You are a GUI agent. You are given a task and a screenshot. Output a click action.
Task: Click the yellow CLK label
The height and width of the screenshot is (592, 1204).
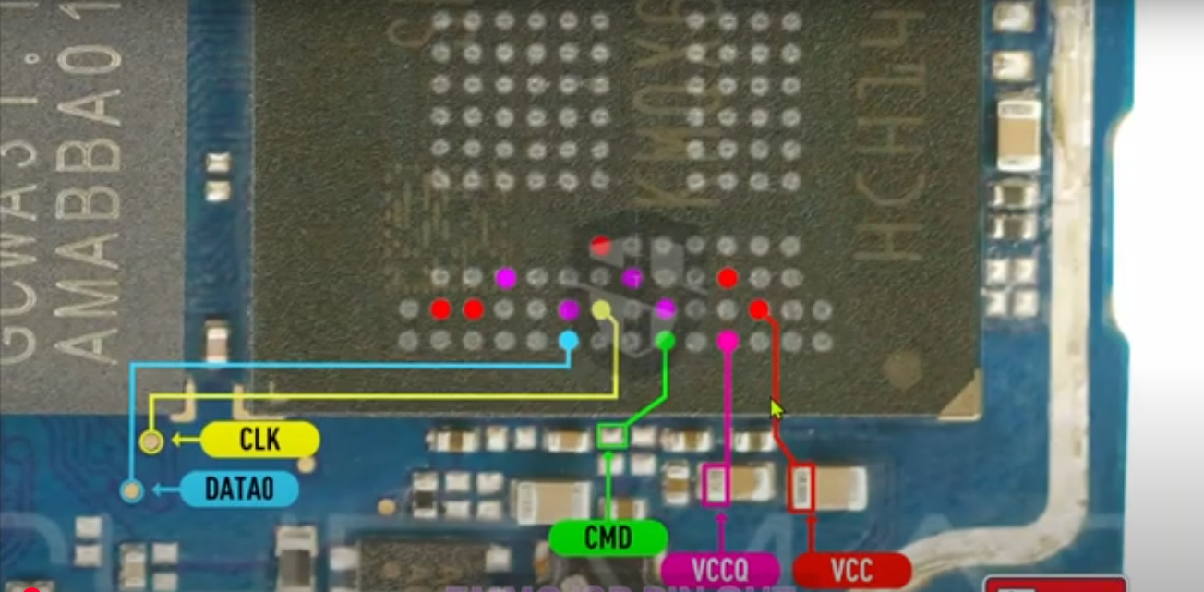pyautogui.click(x=259, y=440)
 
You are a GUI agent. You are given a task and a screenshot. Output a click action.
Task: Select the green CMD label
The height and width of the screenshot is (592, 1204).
pyautogui.click(x=608, y=538)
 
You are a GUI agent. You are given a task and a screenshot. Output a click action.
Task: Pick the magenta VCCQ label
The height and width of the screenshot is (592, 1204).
pyautogui.click(x=720, y=568)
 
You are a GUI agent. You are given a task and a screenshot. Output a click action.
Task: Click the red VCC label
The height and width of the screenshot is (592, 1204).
pyautogui.click(x=851, y=570)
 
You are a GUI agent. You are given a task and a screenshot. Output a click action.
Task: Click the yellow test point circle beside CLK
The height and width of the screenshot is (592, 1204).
pyautogui.click(x=151, y=442)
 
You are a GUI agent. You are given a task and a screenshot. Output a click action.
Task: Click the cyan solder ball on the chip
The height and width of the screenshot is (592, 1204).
pyautogui.click(x=569, y=341)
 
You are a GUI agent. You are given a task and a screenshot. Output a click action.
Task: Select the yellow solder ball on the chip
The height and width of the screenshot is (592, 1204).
pyautogui.click(x=601, y=309)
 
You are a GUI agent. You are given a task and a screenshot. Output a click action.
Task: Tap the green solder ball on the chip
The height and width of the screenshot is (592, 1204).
pyautogui.click(x=665, y=341)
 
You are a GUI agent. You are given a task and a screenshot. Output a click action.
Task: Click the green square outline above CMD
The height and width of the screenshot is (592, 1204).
pyautogui.click(x=611, y=435)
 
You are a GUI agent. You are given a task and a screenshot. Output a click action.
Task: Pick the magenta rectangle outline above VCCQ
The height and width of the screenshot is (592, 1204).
pyautogui.click(x=716, y=486)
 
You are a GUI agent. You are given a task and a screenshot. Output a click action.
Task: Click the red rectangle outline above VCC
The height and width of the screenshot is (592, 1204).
pyautogui.click(x=802, y=488)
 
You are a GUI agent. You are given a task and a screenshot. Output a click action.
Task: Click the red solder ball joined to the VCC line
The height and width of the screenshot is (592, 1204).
pyautogui.click(x=759, y=309)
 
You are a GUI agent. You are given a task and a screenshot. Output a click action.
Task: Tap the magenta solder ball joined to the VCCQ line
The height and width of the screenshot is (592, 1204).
pyautogui.click(x=728, y=341)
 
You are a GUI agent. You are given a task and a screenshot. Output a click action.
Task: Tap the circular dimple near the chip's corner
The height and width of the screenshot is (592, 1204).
pyautogui.click(x=901, y=371)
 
